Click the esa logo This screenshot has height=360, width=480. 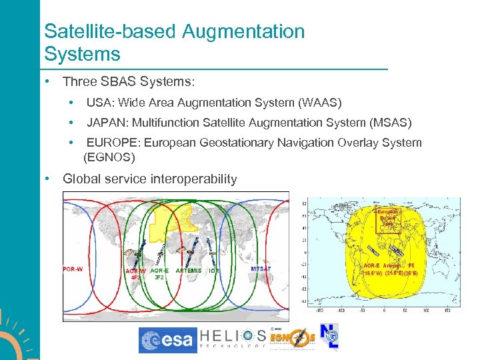click(x=168, y=341)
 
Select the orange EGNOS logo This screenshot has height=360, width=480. click(x=292, y=339)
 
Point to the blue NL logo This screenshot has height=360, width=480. click(x=329, y=337)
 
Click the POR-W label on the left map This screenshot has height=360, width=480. click(x=73, y=269)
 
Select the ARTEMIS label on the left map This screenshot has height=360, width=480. click(x=188, y=271)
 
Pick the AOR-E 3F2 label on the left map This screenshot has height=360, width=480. click(x=159, y=273)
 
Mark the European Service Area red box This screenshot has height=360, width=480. click(x=389, y=219)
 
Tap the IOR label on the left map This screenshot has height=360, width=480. click(x=213, y=271)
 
